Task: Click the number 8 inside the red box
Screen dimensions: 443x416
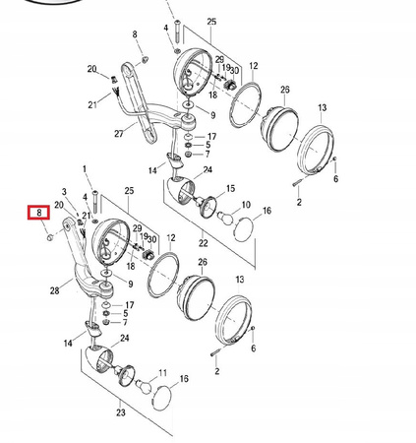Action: tap(38, 212)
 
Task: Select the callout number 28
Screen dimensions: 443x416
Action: tap(54, 291)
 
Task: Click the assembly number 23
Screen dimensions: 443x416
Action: tap(121, 414)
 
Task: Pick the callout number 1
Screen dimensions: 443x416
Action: tap(84, 169)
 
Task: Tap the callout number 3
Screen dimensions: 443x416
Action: tap(64, 192)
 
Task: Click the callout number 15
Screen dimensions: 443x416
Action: tap(230, 187)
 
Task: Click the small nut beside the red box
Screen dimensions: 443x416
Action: tap(48, 235)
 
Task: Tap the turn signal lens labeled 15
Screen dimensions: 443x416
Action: tap(208, 206)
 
